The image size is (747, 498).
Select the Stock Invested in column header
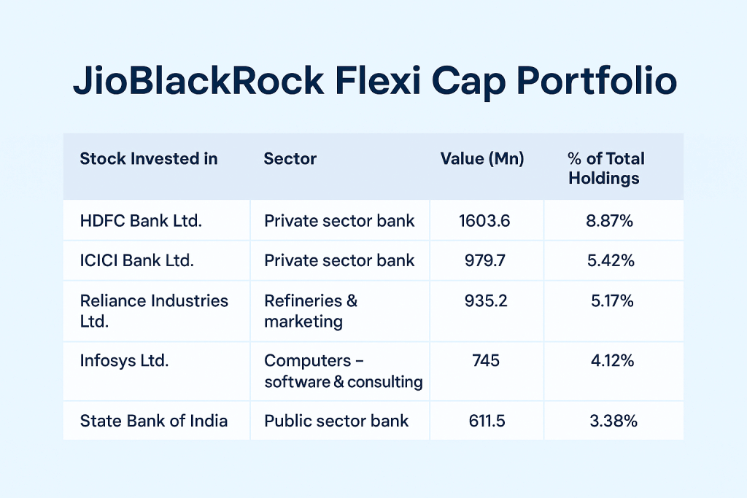click(149, 159)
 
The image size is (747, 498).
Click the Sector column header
click(290, 159)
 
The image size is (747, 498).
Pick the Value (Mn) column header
click(482, 159)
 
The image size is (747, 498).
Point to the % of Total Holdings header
click(605, 168)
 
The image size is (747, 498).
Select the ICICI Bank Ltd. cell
click(137, 260)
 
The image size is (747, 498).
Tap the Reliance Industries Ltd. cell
click(154, 311)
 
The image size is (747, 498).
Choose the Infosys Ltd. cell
click(124, 360)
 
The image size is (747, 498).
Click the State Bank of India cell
click(154, 421)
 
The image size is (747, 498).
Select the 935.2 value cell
click(484, 301)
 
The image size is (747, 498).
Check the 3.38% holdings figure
click(612, 421)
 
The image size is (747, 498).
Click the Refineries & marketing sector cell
click(311, 311)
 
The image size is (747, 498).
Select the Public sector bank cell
click(336, 421)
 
